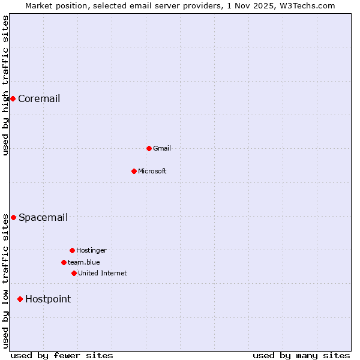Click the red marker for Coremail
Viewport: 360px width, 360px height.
[13, 98]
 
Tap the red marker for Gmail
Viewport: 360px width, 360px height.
[149, 148]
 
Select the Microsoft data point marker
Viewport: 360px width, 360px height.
[134, 171]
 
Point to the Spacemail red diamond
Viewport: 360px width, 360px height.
[13, 217]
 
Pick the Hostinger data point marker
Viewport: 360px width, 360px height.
[72, 250]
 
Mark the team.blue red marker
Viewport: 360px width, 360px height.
[64, 262]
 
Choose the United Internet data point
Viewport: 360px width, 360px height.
[74, 273]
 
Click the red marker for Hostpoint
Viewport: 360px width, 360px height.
[20, 299]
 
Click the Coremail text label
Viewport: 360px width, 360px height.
[39, 99]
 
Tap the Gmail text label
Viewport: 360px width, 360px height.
[162, 148]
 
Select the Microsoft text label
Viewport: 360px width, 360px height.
[152, 171]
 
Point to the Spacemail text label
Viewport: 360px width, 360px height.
[43, 218]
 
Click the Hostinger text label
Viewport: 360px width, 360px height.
[91, 250]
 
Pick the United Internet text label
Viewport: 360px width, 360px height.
[103, 273]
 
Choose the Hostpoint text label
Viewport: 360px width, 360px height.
[48, 299]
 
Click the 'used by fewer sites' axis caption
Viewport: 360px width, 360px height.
[62, 355]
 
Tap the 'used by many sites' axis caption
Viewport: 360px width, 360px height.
[301, 355]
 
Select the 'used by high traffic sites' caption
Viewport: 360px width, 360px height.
[5, 85]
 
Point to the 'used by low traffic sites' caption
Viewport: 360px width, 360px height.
[5, 281]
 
